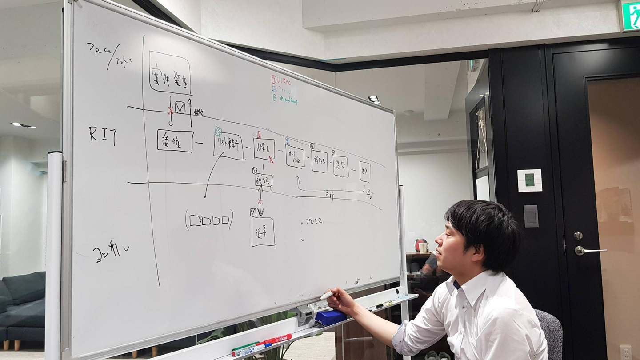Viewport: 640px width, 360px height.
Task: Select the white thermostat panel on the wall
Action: click(529, 180)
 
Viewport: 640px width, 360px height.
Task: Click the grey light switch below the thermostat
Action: click(531, 216)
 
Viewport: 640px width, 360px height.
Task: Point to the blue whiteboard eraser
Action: click(330, 317)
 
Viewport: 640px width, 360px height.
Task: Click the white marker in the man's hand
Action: click(326, 295)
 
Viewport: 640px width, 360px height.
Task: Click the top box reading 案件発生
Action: click(170, 73)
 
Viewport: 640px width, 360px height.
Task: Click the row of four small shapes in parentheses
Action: click(209, 220)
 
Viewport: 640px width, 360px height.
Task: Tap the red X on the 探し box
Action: click(271, 159)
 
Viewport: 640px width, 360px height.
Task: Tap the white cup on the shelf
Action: click(423, 247)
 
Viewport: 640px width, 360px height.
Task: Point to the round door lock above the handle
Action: click(578, 236)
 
